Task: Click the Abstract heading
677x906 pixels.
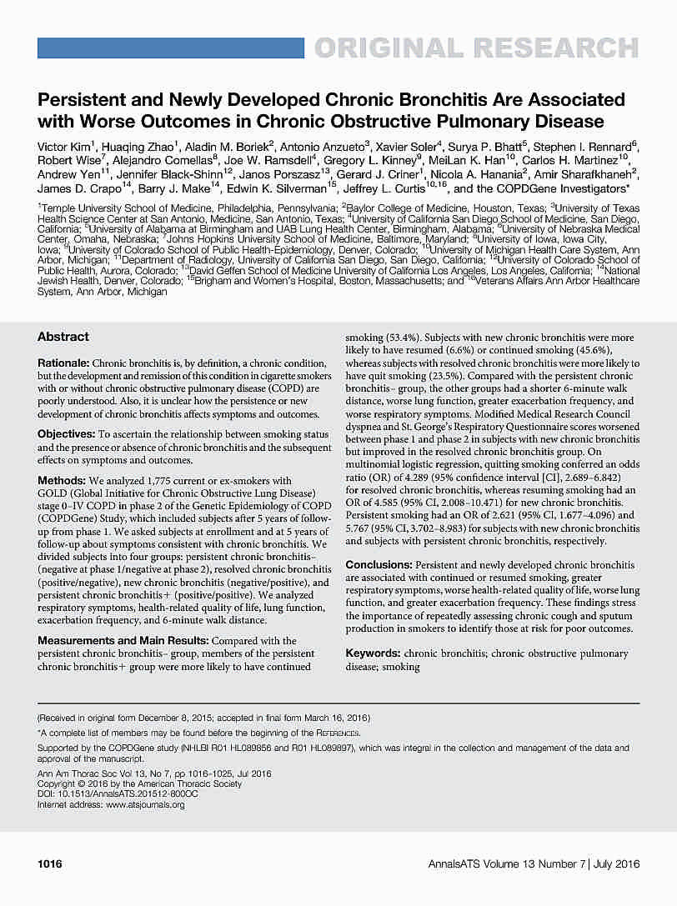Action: (x=63, y=337)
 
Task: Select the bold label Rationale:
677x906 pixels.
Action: (x=64, y=365)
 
